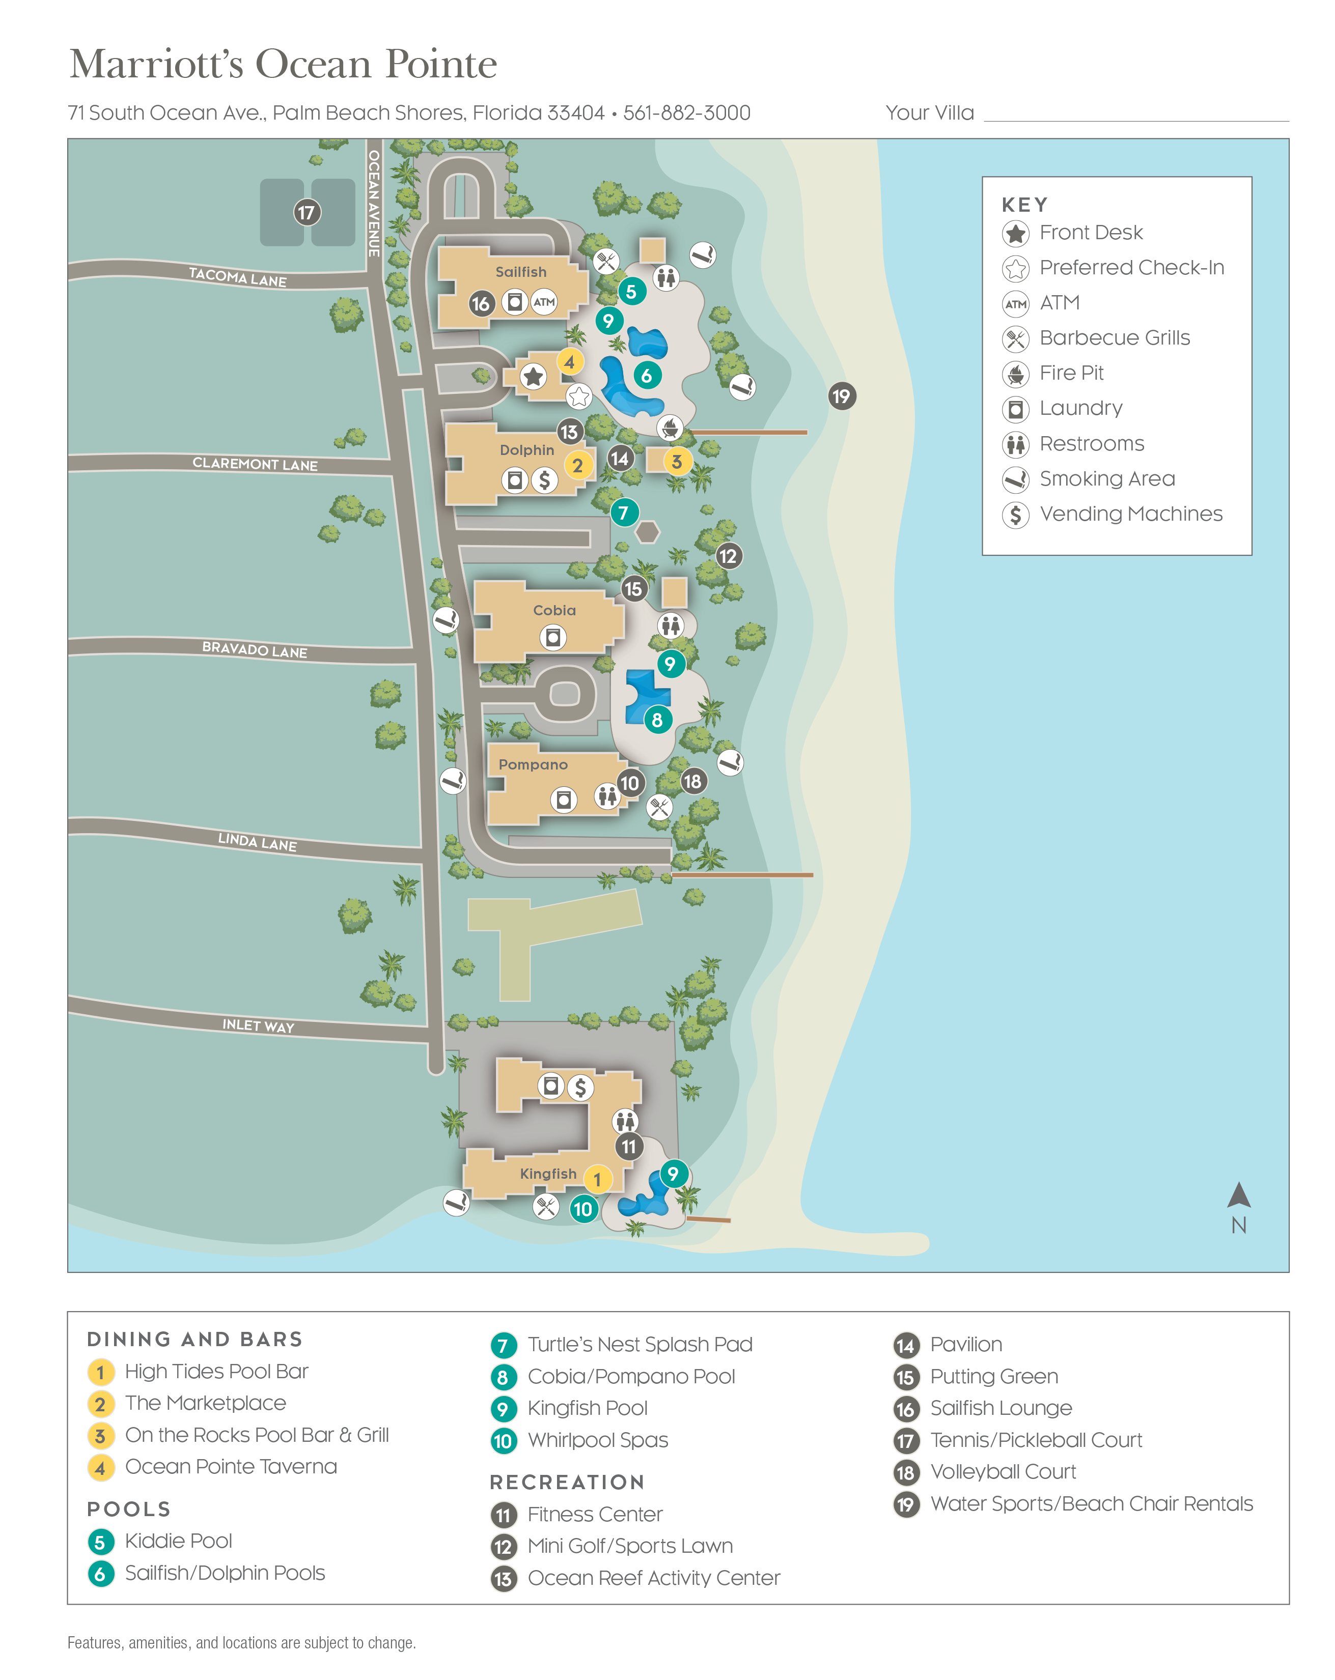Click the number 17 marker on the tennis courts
307,212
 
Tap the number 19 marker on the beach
841,396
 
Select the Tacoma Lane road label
238,277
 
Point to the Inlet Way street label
258,1026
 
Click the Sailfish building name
520,272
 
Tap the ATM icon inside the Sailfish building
544,302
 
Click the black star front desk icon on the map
533,377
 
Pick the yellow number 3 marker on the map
677,461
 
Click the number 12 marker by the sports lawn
727,556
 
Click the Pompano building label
533,764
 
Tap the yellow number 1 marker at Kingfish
597,1179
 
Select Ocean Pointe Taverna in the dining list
231,1466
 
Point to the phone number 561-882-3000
686,113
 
